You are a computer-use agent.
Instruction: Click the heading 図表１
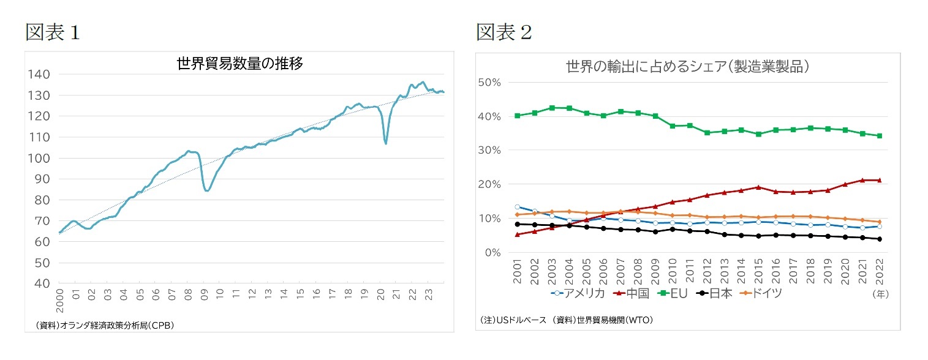tap(52, 32)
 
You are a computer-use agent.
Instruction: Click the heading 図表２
tap(504, 32)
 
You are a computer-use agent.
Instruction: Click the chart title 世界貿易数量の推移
tap(240, 64)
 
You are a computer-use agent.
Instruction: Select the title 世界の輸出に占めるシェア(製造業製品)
tap(687, 67)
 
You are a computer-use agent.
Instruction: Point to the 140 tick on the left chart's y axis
tap(39, 74)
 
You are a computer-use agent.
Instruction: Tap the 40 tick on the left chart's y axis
tap(42, 283)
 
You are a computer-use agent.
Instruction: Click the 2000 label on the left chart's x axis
tap(60, 296)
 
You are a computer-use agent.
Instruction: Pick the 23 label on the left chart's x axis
tap(428, 293)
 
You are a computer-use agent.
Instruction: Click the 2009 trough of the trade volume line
tap(207, 190)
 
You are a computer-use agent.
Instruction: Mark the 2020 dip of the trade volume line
tap(385, 143)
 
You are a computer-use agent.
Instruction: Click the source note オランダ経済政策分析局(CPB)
tap(105, 325)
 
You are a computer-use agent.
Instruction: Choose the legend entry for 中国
tap(631, 293)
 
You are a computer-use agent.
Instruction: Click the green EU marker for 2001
tap(518, 116)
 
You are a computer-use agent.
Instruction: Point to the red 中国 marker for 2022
tap(879, 180)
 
